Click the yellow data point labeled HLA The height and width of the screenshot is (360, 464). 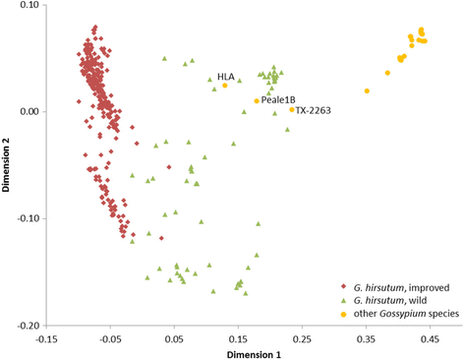point(225,86)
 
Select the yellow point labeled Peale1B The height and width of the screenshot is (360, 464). point(257,100)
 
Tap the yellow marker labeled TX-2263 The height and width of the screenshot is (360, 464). point(292,109)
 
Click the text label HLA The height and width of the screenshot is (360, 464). point(226,76)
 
